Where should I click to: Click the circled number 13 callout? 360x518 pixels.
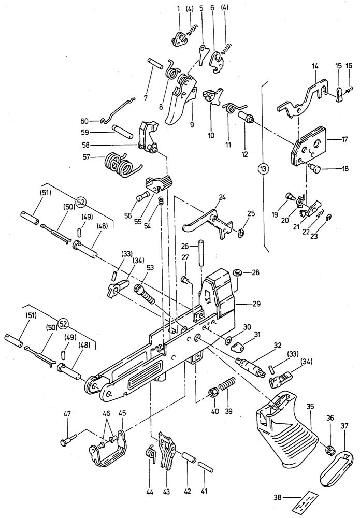(263, 169)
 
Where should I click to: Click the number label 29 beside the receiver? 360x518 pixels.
(256, 303)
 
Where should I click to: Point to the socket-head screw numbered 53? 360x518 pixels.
(145, 293)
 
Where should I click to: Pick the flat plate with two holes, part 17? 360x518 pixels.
(309, 147)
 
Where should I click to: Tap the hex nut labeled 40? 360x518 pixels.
(213, 393)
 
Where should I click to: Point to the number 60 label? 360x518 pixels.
(84, 121)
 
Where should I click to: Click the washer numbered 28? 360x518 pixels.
(237, 273)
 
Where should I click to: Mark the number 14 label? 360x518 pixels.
(315, 66)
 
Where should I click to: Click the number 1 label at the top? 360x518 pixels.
(179, 8)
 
